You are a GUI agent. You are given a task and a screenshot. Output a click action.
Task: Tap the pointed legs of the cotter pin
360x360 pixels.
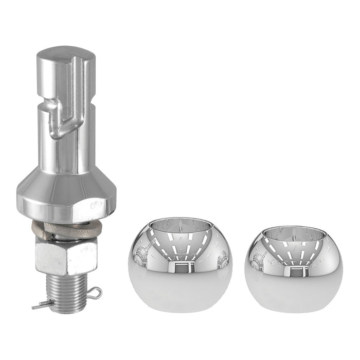click(x=40, y=306)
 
